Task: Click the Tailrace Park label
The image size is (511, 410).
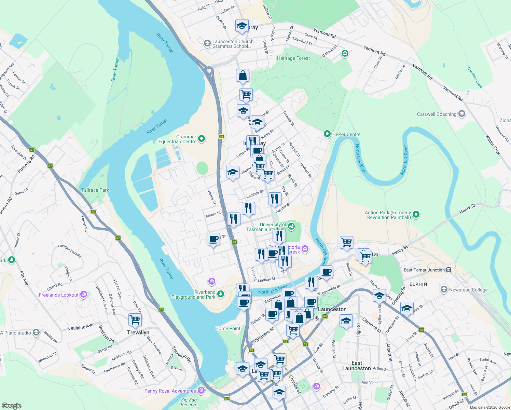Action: coord(95,190)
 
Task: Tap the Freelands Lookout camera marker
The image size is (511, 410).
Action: coord(84,295)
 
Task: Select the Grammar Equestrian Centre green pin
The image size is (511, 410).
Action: coord(202,139)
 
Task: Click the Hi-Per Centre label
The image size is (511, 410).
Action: coord(346,134)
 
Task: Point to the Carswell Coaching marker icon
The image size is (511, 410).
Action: coord(462,114)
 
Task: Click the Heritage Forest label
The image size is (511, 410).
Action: coord(293,58)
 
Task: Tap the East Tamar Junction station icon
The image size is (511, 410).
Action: coord(449,270)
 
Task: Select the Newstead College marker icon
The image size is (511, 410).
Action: coord(444,290)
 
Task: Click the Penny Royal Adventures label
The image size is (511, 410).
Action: coord(170,391)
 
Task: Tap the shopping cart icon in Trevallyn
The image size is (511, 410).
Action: coord(135,319)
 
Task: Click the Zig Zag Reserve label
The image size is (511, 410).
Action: coord(189,402)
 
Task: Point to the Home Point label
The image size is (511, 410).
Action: coord(228,328)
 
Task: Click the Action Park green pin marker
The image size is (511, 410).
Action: coord(416,215)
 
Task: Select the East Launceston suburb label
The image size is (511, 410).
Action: coord(356,366)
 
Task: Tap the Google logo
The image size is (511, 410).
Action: coord(11,406)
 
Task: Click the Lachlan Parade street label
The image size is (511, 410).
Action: coord(69,251)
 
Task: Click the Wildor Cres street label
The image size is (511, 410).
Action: coord(492,145)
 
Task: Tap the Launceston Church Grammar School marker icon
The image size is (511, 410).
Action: coord(207,43)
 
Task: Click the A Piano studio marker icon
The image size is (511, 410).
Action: coord(36,333)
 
